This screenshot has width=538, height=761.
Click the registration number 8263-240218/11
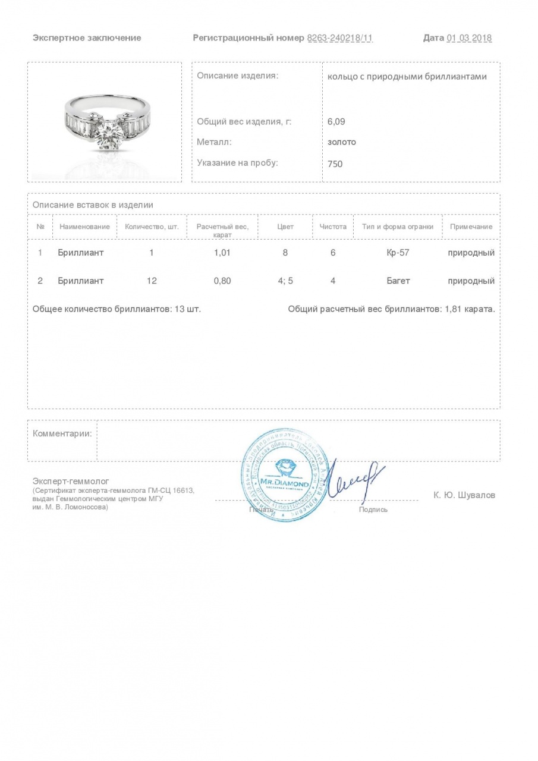pyautogui.click(x=339, y=38)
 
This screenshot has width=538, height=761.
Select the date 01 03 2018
pyautogui.click(x=469, y=38)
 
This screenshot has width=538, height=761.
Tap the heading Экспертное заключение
pyautogui.click(x=87, y=38)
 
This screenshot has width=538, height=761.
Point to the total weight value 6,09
pyautogui.click(x=336, y=122)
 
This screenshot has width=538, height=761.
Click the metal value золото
pyautogui.click(x=342, y=142)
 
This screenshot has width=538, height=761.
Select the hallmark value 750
pyautogui.click(x=335, y=163)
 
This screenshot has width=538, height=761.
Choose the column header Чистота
pyautogui.click(x=332, y=227)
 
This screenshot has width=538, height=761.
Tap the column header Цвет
pyautogui.click(x=285, y=227)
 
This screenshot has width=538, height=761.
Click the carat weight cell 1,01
pyautogui.click(x=222, y=253)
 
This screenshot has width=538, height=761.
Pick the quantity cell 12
pyautogui.click(x=152, y=281)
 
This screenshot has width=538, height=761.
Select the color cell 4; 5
pyautogui.click(x=285, y=281)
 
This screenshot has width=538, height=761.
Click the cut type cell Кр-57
pyautogui.click(x=398, y=253)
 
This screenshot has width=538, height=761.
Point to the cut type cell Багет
pyautogui.click(x=398, y=281)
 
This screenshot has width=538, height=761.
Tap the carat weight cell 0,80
pyautogui.click(x=222, y=281)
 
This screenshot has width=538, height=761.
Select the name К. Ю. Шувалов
pyautogui.click(x=464, y=495)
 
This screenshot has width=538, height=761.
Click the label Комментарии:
pyautogui.click(x=62, y=433)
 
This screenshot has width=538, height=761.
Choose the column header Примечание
pyautogui.click(x=471, y=227)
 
